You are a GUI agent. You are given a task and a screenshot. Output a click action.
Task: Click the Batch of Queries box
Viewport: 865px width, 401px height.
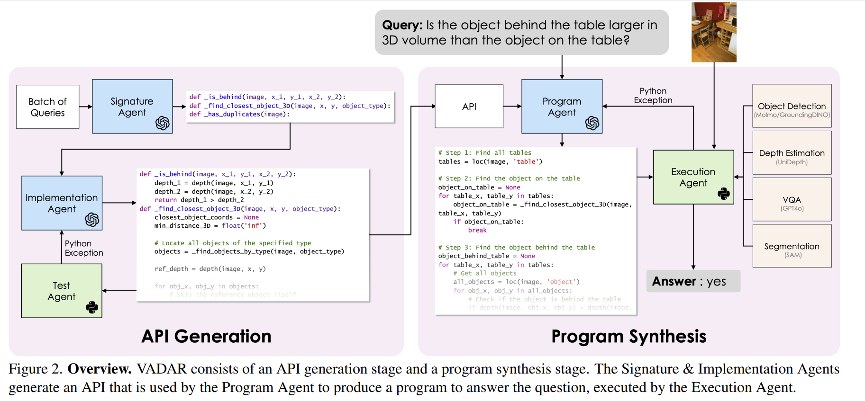click(47, 107)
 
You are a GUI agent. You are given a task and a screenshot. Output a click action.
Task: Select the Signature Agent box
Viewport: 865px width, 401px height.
click(132, 107)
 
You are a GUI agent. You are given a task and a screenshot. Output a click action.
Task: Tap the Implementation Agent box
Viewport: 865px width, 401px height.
click(62, 203)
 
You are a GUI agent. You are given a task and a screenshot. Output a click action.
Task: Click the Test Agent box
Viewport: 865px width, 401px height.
click(62, 291)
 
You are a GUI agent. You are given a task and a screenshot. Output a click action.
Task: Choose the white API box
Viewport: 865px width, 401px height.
click(469, 107)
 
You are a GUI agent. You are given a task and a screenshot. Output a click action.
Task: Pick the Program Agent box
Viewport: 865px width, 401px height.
click(562, 107)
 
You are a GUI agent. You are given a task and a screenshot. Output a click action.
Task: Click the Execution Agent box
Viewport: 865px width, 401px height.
click(693, 177)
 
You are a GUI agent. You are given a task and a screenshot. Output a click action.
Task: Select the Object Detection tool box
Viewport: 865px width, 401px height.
click(792, 106)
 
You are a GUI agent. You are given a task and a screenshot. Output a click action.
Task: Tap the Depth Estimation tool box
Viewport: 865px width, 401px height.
click(792, 153)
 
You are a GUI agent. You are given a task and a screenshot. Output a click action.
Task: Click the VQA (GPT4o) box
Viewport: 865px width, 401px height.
click(792, 199)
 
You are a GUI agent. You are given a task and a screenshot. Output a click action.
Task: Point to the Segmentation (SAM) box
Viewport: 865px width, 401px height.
click(792, 246)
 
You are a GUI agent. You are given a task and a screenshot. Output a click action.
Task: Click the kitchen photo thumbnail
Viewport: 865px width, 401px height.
click(714, 32)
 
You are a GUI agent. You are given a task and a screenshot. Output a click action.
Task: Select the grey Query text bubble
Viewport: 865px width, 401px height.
click(521, 32)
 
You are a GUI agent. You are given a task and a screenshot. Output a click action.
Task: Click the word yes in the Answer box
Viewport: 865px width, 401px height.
click(716, 282)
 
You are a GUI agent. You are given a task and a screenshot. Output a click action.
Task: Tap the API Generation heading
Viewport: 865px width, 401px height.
click(206, 336)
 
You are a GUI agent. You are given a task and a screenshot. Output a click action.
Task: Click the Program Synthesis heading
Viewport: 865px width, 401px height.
click(628, 336)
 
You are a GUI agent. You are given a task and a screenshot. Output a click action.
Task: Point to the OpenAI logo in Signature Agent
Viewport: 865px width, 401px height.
click(163, 123)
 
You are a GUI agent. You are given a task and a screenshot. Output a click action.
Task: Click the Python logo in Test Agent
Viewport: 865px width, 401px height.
click(92, 307)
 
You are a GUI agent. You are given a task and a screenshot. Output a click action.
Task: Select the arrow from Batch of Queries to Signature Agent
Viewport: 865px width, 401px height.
click(86, 107)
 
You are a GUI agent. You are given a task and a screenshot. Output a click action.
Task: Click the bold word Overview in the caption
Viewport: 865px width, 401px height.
click(100, 369)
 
